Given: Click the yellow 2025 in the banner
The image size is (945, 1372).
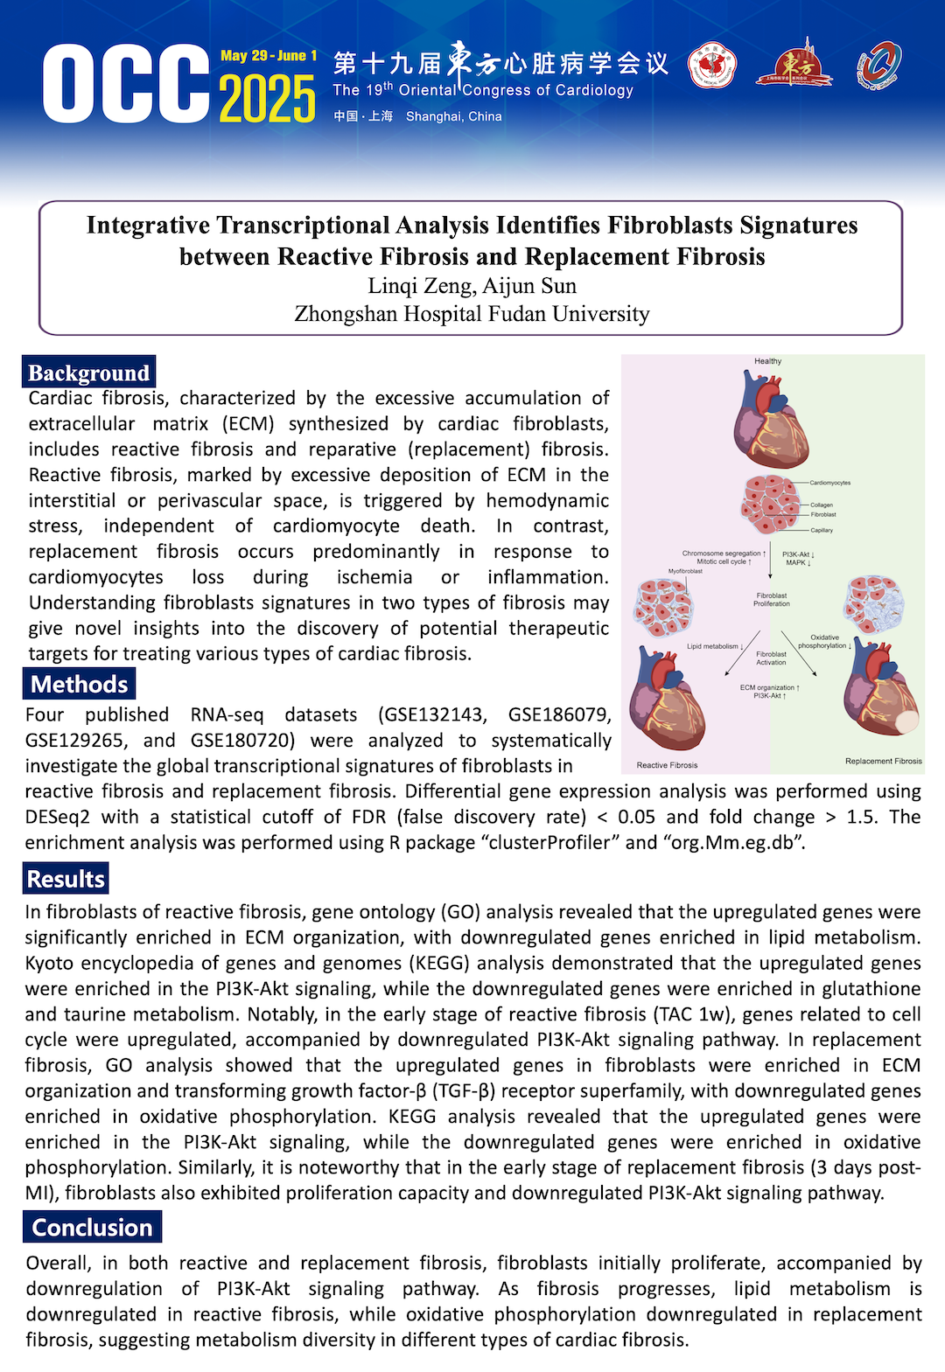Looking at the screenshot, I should point(267,98).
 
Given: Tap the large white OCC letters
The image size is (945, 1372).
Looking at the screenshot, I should point(126,84).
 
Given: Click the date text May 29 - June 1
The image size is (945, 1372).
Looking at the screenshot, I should point(269,56).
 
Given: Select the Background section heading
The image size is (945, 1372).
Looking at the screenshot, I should point(88,373).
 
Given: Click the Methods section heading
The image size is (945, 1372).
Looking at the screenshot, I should point(79,684).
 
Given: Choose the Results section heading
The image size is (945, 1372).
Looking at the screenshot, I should point(66,879).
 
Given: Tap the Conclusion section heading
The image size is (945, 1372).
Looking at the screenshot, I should point(92,1227).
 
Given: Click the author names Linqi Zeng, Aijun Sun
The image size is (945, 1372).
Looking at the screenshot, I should point(472,286).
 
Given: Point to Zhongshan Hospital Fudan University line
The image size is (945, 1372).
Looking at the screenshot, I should point(472,314).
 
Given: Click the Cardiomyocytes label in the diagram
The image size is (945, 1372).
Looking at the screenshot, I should point(829,483).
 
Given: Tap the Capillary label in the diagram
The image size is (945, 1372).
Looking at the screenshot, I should point(822,530).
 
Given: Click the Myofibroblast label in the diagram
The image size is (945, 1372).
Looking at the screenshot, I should point(685,571).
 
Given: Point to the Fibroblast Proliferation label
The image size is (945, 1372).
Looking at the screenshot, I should point(771,599).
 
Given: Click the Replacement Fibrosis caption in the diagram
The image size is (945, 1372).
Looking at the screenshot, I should point(883,761).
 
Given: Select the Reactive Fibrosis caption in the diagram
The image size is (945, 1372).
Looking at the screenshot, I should point(667,765).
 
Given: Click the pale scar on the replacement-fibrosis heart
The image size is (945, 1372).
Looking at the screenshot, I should point(906,721).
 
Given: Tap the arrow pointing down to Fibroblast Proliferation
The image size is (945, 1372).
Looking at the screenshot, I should point(770,564).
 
